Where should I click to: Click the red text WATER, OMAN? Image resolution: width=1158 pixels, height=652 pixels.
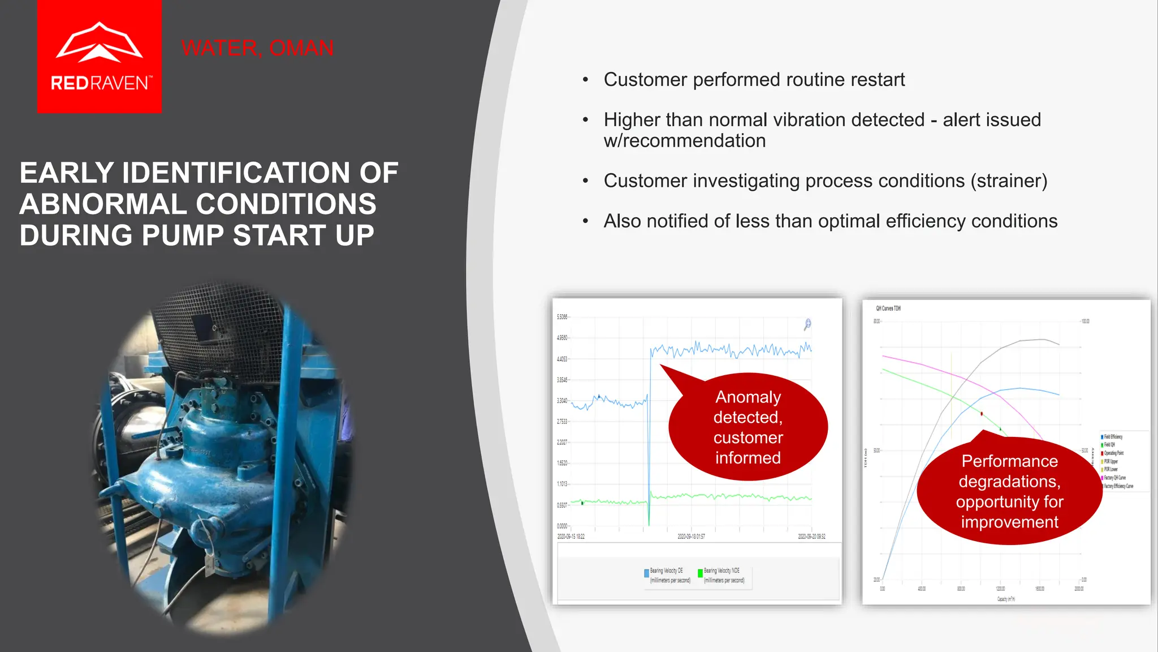pos(257,48)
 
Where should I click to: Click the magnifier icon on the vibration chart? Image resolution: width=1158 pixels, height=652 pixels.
pos(807,324)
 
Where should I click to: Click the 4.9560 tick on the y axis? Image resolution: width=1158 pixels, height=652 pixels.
pos(561,338)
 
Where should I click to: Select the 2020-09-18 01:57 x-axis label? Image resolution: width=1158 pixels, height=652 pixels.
pos(691,537)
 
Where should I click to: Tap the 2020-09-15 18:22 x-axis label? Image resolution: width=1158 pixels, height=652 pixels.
pos(571,537)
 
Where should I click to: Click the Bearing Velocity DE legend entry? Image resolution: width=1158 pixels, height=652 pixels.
pos(667,575)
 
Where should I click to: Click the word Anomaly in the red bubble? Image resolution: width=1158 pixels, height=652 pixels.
pos(747,397)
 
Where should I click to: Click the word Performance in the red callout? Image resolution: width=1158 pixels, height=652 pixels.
pos(1009,461)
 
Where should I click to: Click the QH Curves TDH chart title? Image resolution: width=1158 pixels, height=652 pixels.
pos(888,308)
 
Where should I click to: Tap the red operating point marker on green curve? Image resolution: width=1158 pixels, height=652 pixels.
pos(982,414)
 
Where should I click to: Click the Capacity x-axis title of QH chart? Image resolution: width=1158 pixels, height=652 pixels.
pos(1006,599)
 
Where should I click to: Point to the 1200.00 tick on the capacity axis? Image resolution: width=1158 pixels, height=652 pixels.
pos(1000,589)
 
